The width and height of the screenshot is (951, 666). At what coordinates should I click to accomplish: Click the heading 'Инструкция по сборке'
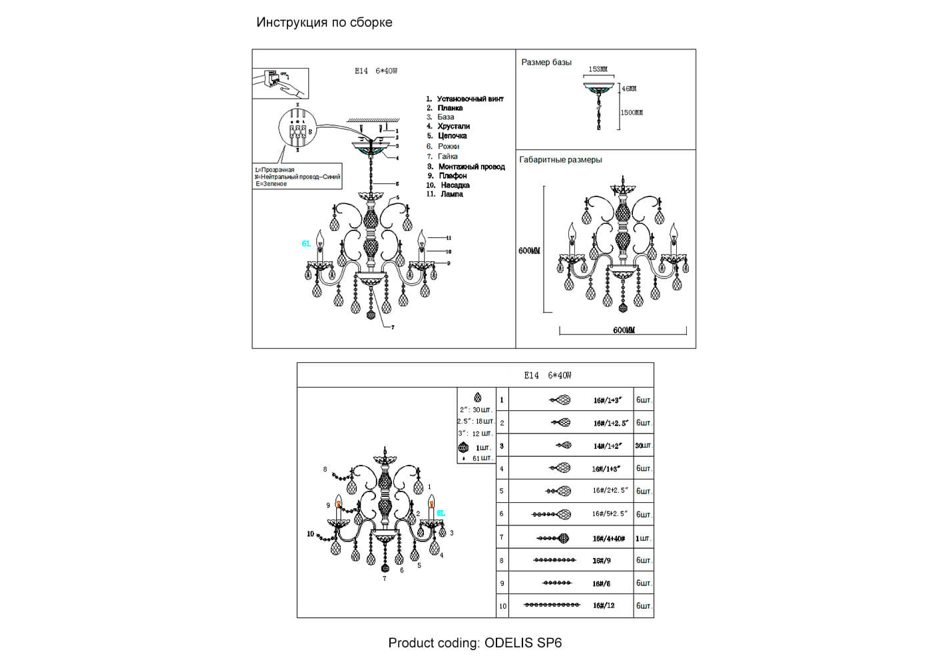324,22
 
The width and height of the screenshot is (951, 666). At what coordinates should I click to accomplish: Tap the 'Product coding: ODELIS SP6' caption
475,643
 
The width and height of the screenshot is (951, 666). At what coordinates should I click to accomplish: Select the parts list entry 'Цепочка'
453,136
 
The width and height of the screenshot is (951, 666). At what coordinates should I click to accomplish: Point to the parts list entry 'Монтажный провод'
471,166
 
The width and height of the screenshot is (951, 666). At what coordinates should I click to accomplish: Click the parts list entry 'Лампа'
451,194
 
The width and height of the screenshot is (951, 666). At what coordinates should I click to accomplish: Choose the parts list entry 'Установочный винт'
470,99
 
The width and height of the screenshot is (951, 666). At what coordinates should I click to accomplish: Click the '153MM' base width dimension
598,69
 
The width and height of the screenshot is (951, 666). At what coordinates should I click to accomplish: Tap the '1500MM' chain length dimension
632,113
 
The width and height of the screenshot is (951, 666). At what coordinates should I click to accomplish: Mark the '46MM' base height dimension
629,89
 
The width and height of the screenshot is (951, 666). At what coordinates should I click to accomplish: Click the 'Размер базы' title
546,62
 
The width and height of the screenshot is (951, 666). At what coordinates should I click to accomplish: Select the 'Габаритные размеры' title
560,160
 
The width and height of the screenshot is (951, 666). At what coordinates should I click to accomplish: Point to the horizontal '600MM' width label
624,330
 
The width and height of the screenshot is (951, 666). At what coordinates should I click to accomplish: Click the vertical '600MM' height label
529,251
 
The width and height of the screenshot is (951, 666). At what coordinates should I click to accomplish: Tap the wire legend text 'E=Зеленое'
271,184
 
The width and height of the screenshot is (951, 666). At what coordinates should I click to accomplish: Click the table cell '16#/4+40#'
608,538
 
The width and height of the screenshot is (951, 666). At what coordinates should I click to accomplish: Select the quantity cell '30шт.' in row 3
643,446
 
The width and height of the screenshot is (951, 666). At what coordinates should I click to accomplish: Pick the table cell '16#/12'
604,605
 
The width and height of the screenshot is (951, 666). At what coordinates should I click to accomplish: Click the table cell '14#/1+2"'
608,446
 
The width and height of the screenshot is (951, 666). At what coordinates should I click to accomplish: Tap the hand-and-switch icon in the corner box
280,83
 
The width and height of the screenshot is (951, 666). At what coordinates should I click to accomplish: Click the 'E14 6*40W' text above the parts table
547,376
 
